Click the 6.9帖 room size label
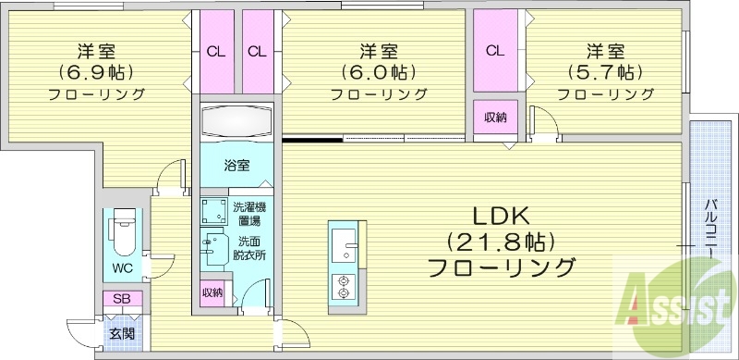pos(96,71)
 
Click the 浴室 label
pos(237,167)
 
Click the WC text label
pos(124,268)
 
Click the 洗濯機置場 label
pos(247,214)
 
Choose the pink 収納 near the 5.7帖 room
pos(495,117)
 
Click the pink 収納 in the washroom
pos(212,292)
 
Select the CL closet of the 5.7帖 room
pos(495,51)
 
